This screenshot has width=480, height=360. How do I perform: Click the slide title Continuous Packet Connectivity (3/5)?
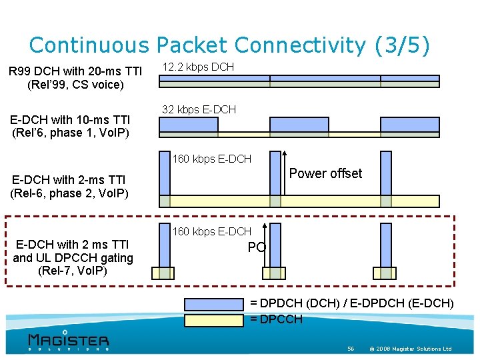[229, 45]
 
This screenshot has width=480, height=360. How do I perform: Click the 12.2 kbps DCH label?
[198, 67]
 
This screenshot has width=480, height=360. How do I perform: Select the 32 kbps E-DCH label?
[199, 109]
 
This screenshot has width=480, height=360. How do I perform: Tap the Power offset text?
[325, 173]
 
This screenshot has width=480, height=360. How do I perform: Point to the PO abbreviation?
[257, 247]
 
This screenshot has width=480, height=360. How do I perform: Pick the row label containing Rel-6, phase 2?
[69, 186]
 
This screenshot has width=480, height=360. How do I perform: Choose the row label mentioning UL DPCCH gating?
[73, 257]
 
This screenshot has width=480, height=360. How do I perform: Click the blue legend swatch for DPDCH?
[213, 303]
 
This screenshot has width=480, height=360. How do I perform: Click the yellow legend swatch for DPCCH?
[213, 319]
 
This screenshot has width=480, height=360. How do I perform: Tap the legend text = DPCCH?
[276, 319]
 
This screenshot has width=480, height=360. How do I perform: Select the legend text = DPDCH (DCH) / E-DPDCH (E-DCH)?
[351, 303]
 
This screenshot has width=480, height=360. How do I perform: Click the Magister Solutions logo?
[68, 339]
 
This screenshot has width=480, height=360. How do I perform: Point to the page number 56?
[351, 349]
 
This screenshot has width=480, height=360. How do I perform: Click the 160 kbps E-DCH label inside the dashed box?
[212, 231]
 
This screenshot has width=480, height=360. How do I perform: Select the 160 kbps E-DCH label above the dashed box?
[212, 159]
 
